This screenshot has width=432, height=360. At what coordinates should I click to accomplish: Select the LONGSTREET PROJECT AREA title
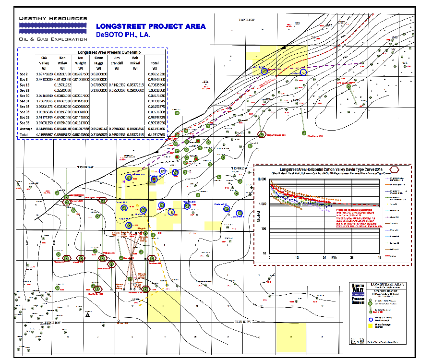tap(151, 26)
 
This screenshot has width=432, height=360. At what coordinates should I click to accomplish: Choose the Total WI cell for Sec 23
tap(155, 90)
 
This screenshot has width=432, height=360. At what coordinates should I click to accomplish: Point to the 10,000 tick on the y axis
tap(263, 179)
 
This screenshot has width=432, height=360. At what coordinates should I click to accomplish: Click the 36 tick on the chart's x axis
tap(352, 258)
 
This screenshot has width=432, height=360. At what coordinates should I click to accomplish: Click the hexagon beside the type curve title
tap(395, 169)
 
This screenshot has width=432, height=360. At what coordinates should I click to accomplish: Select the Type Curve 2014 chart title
tap(331, 169)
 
